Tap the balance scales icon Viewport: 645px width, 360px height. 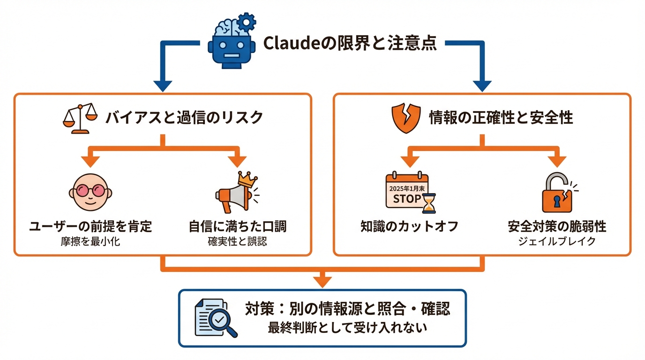[x=78, y=118]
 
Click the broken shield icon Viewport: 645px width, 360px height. [x=404, y=118]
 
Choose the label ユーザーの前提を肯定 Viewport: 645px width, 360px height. [x=90, y=227]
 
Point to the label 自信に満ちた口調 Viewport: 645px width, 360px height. [x=238, y=227]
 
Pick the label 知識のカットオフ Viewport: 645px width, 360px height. [x=409, y=227]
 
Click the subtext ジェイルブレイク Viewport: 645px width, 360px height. [x=557, y=242]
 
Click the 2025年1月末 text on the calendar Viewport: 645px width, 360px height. [x=406, y=187]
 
